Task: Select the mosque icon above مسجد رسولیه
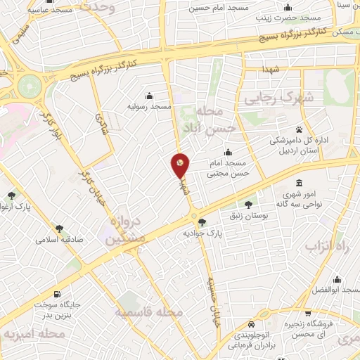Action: [149, 96]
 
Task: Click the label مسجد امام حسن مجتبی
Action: [227, 166]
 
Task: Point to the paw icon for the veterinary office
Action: [299, 129]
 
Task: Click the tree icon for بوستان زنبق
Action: [247, 204]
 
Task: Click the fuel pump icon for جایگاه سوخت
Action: [57, 295]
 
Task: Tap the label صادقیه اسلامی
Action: [60, 238]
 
